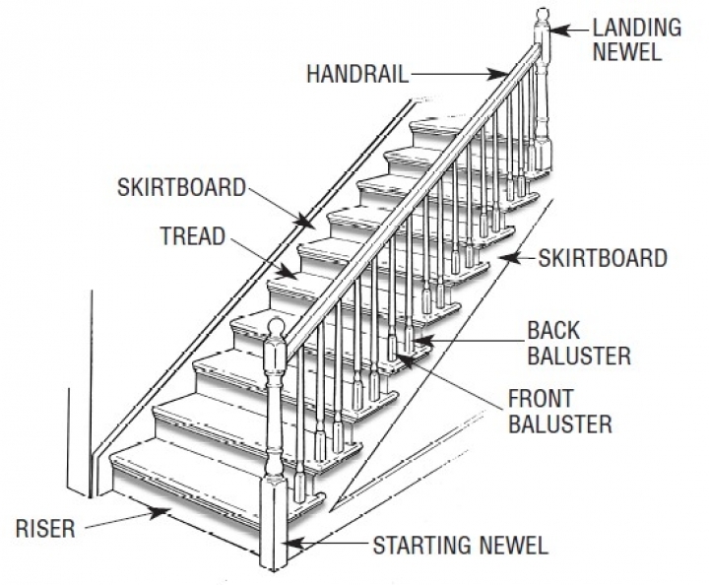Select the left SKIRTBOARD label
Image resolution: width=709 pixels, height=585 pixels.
click(181, 187)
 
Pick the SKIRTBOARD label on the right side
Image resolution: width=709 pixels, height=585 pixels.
click(604, 259)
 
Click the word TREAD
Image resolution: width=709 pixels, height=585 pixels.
click(193, 236)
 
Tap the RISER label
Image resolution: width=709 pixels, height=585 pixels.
click(45, 529)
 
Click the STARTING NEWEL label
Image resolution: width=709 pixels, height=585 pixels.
click(460, 544)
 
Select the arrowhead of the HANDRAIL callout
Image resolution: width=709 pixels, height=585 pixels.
click(503, 73)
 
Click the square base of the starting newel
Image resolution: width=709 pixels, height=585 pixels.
click(276, 523)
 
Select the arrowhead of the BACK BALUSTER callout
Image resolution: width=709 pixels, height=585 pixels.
click(418, 343)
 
